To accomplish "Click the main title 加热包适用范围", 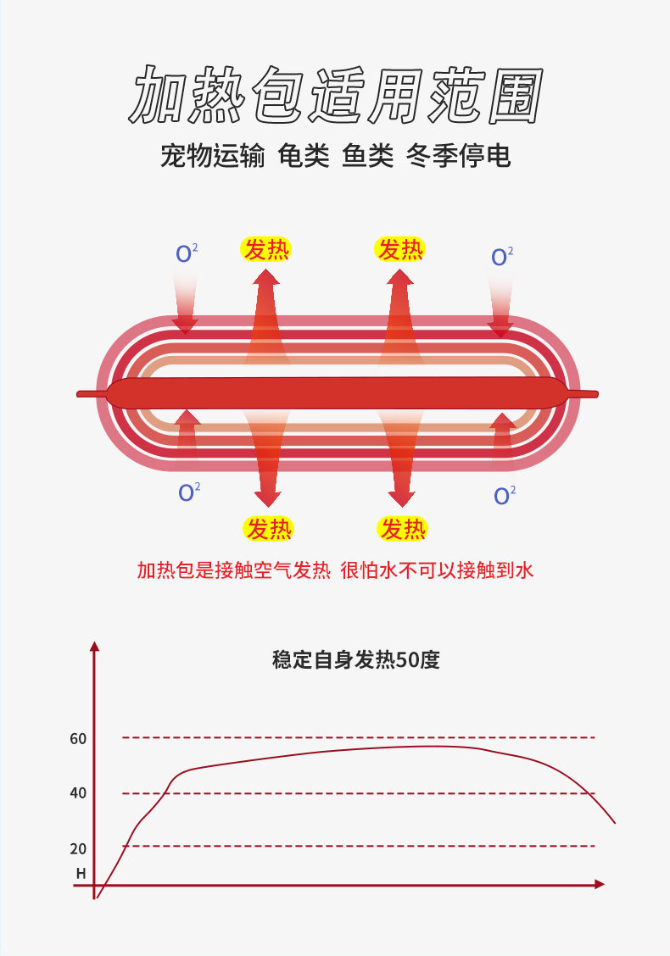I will point(335,95).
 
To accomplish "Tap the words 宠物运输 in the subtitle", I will point(212,156).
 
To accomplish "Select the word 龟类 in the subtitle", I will point(304,156).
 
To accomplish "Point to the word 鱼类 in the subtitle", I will point(368,156).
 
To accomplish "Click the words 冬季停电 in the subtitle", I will point(459,156).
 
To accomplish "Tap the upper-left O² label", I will point(187,253).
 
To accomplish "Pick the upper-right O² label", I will point(502,256).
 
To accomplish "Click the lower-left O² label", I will point(188,492).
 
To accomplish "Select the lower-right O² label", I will point(505,494).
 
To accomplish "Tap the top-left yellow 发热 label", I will point(266,249).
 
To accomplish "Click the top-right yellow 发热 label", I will point(399,249).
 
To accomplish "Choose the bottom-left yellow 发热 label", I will point(268,529).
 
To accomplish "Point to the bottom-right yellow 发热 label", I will point(402,529).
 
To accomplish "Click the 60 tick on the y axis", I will point(78,739).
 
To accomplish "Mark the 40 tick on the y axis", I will point(78,794).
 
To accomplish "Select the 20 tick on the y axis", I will point(78,849).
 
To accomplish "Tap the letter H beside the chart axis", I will point(81,873).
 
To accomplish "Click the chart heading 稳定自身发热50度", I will point(356,659).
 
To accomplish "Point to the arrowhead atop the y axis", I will point(95,647).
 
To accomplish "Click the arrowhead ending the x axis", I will point(600,884).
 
